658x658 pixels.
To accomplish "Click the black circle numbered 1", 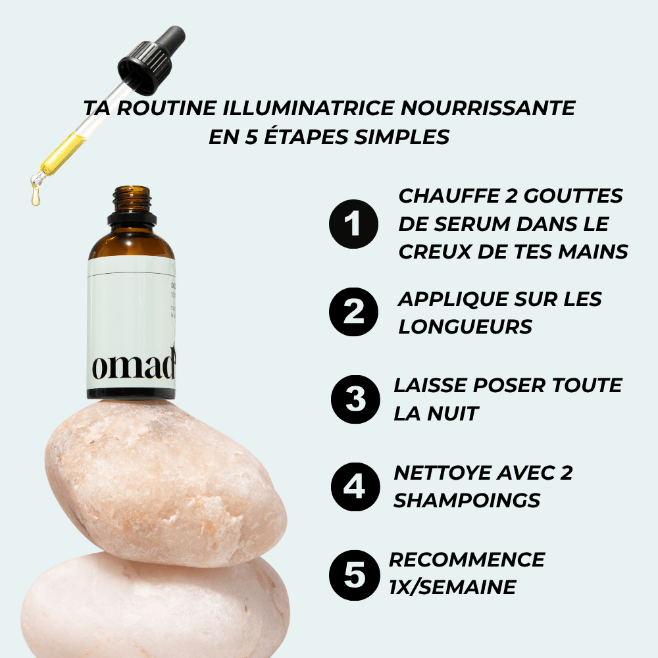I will click(354, 224).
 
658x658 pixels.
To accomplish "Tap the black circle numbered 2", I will click(354, 311).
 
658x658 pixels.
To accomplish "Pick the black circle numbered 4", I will click(355, 487).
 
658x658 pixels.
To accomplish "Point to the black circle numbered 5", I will click(355, 575).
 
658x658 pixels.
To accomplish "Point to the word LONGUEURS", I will click(465, 326).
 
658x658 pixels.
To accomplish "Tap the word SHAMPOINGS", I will click(467, 501).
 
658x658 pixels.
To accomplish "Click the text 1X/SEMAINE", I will click(452, 587).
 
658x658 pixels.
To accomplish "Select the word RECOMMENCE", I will click(467, 559).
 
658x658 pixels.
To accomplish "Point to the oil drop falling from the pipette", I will click(36, 196).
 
